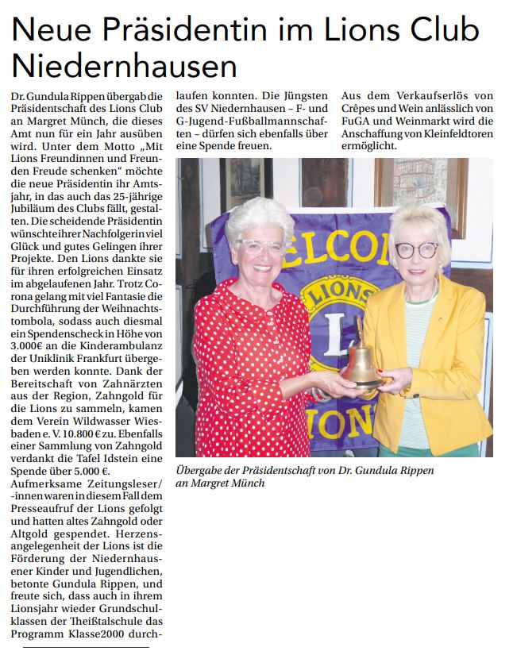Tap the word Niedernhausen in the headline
tap(125, 66)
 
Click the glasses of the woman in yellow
tap(415, 250)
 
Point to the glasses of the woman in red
tap(261, 246)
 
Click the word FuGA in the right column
tap(353, 121)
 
